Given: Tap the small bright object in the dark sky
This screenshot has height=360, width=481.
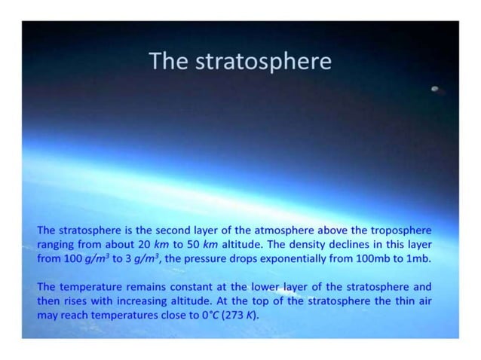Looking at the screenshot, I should coord(435,90).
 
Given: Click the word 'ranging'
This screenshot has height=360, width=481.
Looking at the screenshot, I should coord(57,243).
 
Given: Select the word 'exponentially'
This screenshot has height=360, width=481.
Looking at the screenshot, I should coord(312,258).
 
